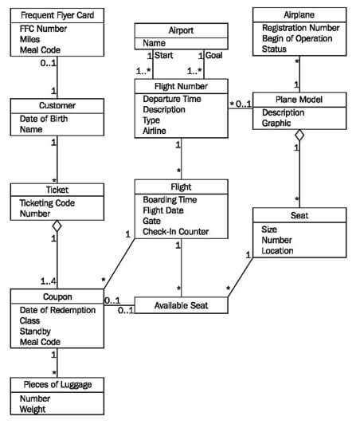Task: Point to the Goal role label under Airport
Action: pyautogui.click(x=213, y=56)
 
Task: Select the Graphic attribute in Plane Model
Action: pyautogui.click(x=278, y=124)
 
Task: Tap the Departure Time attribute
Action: pyautogui.click(x=173, y=100)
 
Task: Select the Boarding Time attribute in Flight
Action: pyautogui.click(x=171, y=199)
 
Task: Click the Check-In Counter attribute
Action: pyautogui.click(x=176, y=231)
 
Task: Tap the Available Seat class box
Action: pyautogui.click(x=181, y=305)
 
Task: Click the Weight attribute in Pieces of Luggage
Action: pyautogui.click(x=33, y=409)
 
